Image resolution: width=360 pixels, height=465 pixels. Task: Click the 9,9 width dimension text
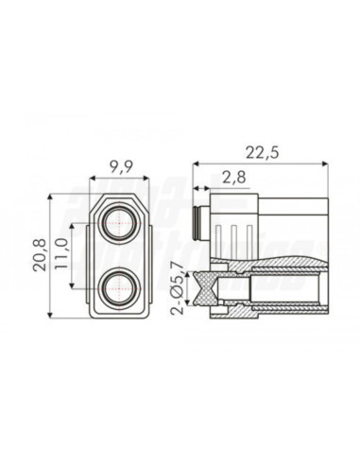(120, 167)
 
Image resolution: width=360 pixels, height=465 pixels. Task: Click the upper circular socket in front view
(120, 224)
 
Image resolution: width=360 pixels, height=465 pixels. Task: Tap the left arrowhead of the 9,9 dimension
(94, 180)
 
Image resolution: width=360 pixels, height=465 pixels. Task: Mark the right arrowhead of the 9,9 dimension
(146, 180)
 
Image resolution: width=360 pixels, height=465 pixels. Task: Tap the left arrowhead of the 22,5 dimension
(195, 162)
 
